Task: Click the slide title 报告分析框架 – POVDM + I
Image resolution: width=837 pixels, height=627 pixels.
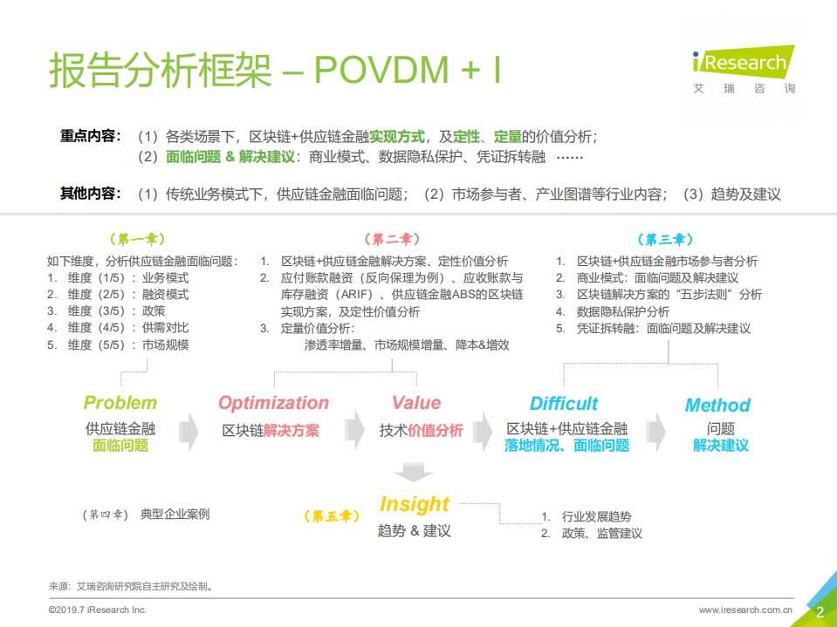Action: tap(274, 71)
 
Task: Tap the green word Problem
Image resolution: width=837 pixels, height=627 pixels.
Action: tap(120, 403)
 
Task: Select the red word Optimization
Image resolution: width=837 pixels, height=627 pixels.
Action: tap(273, 403)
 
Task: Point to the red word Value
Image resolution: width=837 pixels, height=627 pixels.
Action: tap(416, 403)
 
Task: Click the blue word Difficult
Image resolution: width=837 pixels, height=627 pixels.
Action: tap(564, 404)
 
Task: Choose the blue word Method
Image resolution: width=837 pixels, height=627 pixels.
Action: tap(717, 406)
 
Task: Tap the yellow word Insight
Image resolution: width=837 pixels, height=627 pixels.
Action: tap(415, 504)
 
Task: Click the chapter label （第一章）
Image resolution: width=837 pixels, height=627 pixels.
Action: tap(136, 239)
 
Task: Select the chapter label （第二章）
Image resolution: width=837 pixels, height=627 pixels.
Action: tap(391, 239)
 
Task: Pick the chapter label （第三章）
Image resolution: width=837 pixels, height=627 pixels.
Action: tap(665, 239)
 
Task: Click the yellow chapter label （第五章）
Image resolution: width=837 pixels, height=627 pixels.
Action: tap(332, 516)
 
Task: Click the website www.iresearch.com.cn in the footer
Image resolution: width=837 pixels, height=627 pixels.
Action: tap(745, 610)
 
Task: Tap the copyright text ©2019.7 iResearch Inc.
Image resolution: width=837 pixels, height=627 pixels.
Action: tap(98, 610)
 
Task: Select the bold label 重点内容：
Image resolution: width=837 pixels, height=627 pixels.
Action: tap(91, 136)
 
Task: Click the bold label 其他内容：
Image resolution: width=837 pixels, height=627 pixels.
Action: tap(91, 194)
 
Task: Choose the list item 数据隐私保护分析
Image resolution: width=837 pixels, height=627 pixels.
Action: tap(622, 311)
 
